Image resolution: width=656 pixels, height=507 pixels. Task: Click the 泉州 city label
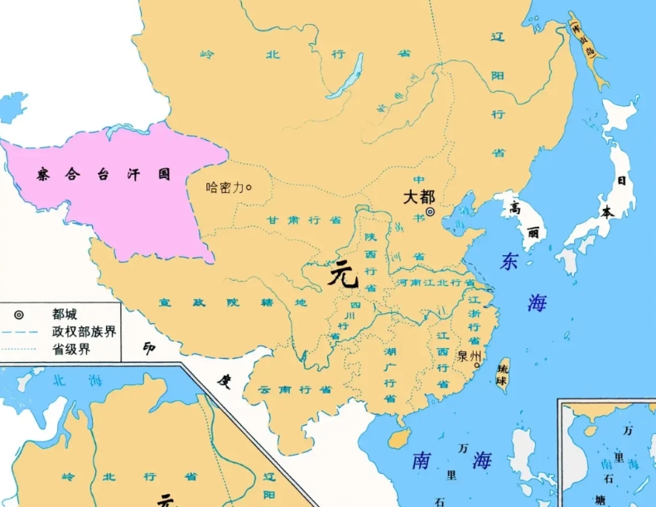click(469, 357)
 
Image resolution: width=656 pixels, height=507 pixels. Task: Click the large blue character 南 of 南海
click(421, 461)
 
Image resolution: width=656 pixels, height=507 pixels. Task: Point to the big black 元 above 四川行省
click(342, 273)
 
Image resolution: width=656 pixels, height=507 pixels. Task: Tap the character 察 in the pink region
click(44, 175)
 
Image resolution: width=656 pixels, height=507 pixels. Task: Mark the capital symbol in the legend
click(18, 314)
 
